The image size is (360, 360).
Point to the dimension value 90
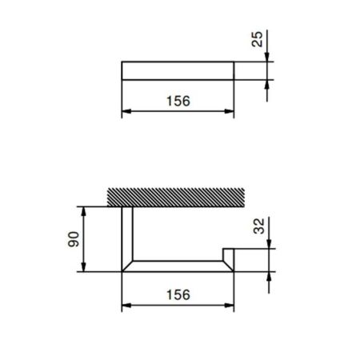tap(74, 239)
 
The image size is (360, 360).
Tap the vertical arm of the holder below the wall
tap(126, 236)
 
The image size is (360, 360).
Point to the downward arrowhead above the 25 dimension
tap(267, 56)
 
